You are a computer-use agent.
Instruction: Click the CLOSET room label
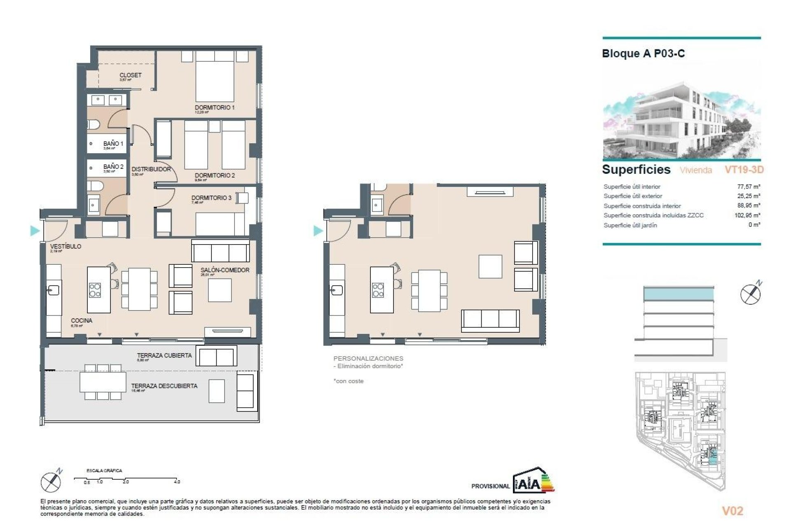130,75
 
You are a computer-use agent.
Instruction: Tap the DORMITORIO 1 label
215,107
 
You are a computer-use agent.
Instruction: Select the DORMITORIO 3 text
211,198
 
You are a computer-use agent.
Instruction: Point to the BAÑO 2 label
113,167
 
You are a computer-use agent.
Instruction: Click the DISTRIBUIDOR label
151,169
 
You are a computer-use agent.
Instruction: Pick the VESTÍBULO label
66,246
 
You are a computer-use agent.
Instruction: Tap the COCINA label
81,320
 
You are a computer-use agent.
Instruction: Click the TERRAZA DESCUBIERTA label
164,386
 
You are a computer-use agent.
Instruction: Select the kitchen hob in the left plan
95,290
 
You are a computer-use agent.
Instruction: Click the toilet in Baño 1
93,124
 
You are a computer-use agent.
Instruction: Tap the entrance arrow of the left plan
35,231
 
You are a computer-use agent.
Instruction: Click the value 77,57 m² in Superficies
749,187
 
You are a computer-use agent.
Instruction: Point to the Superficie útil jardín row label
630,225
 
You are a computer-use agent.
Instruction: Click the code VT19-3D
744,170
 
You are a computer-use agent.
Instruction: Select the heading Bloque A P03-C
643,54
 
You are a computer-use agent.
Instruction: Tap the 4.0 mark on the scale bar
177,481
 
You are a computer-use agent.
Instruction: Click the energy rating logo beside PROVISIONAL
534,480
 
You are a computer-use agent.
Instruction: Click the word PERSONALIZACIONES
368,358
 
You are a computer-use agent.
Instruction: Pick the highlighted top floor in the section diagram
678,294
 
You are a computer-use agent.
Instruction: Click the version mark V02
732,511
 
